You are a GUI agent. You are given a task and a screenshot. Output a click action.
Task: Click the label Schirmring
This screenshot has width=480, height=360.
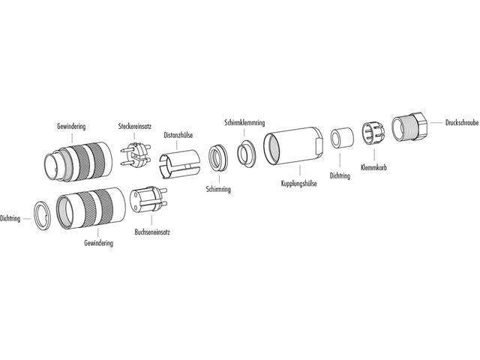coord(217,190)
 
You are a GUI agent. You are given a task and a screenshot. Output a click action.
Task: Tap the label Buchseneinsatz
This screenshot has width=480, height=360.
coord(152,232)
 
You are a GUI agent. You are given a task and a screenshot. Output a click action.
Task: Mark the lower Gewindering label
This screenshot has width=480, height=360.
coord(98,244)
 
